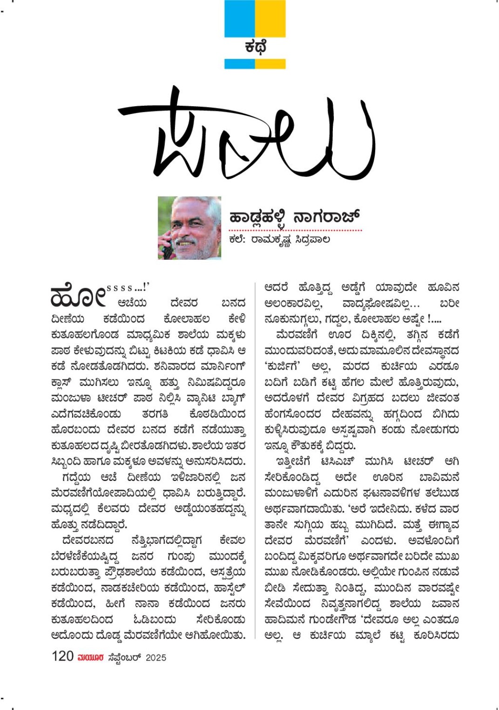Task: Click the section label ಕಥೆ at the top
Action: pyautogui.click(x=255, y=47)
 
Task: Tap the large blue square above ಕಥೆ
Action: pyautogui.click(x=239, y=19)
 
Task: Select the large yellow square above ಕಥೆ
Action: pyautogui.click(x=270, y=19)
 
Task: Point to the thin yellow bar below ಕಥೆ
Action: pyautogui.click(x=270, y=64)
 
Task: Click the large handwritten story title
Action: pyautogui.click(x=247, y=135)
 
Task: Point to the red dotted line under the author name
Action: pyautogui.click(x=295, y=230)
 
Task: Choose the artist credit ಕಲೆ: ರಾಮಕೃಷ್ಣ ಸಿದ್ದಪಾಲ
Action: pyautogui.click(x=280, y=240)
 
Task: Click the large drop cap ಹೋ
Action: pyautogui.click(x=77, y=296)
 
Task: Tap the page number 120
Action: pyautogui.click(x=62, y=656)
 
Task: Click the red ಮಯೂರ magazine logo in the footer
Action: pyautogui.click(x=90, y=657)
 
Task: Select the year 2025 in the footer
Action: pyautogui.click(x=156, y=658)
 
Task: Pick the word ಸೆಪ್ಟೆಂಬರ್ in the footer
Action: pyautogui.click(x=124, y=658)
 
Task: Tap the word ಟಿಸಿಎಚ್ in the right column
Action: pyautogui.click(x=337, y=461)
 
